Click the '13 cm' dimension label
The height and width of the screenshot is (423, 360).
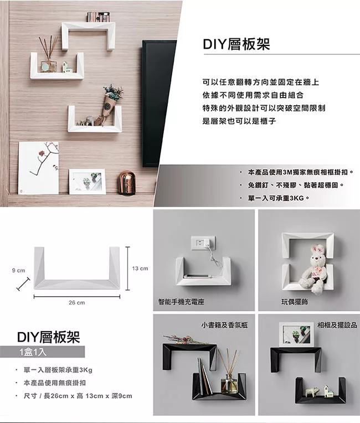(140, 269)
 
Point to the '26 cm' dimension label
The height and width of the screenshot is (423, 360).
(76, 303)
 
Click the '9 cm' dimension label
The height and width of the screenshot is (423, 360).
(18, 270)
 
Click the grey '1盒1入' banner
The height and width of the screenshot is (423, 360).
(50, 352)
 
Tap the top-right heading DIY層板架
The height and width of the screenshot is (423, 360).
(236, 45)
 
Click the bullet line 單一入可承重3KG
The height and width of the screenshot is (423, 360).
(277, 197)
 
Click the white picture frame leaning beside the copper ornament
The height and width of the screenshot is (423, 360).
(87, 181)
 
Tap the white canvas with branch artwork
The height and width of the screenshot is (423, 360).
(39, 167)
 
